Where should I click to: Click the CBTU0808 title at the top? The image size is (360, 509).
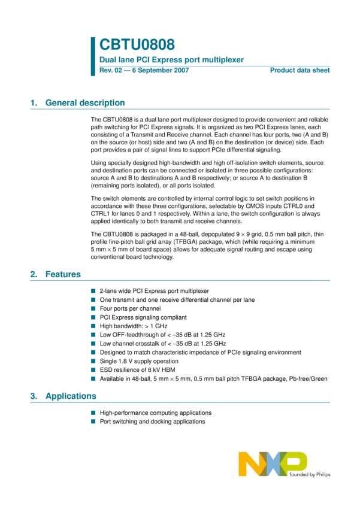(137, 45)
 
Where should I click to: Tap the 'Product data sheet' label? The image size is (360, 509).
(300, 71)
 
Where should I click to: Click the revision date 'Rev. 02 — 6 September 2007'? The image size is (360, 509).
(144, 71)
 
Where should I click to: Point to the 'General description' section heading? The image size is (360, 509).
(85, 103)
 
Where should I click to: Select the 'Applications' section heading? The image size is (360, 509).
(71, 396)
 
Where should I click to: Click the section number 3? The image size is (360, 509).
(33, 396)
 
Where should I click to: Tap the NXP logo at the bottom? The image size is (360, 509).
(273, 465)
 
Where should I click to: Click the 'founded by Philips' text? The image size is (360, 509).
(310, 474)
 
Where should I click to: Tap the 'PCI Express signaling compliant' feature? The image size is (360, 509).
(143, 317)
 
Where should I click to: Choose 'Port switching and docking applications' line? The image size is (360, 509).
(152, 422)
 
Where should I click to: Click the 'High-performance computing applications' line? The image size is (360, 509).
(155, 413)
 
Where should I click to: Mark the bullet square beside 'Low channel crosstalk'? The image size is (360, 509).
(93, 344)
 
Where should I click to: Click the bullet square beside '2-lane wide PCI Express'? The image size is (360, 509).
(93, 291)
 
